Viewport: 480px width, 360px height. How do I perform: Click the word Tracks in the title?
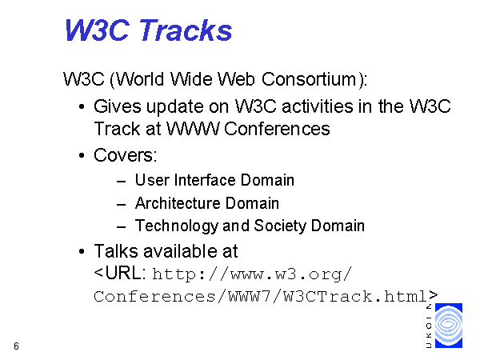tap(186, 30)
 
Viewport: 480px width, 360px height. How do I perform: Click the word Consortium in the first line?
tap(309, 79)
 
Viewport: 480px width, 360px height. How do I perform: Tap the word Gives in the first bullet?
tap(118, 106)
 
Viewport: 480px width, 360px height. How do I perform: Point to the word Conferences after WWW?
tap(277, 129)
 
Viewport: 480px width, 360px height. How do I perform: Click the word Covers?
tap(126, 155)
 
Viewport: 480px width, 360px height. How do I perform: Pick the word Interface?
tap(205, 180)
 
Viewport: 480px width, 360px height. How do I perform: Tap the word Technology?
tap(177, 226)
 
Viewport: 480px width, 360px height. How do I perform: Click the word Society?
tap(280, 226)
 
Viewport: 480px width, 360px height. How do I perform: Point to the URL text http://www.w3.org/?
tap(252, 274)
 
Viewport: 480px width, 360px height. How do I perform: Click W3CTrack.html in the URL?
tap(355, 296)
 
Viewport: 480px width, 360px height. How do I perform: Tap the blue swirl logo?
tap(449, 326)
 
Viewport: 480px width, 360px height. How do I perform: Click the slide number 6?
tap(16, 346)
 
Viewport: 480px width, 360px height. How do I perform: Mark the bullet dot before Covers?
tap(82, 155)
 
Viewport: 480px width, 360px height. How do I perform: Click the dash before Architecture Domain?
tap(122, 204)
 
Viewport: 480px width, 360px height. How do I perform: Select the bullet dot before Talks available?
tap(82, 252)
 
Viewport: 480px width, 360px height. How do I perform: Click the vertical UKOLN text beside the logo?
tap(429, 326)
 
